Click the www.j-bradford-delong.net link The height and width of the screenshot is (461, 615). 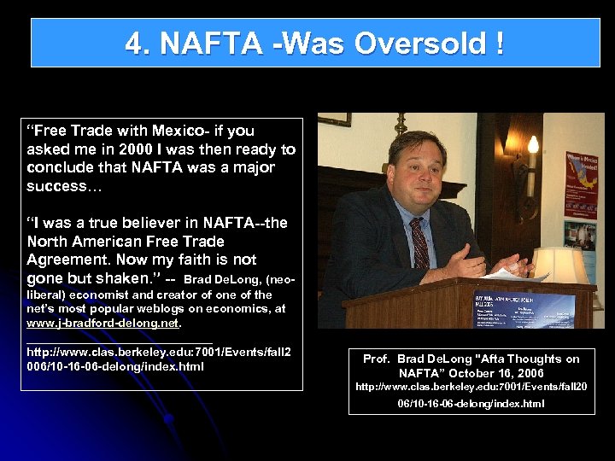(102, 324)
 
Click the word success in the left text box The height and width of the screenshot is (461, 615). (52, 186)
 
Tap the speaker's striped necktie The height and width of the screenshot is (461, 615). (419, 243)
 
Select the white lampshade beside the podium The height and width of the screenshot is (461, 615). (559, 266)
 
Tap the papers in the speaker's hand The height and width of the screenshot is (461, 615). (507, 274)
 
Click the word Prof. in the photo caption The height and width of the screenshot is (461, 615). (377, 359)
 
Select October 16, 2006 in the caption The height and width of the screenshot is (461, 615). (495, 373)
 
